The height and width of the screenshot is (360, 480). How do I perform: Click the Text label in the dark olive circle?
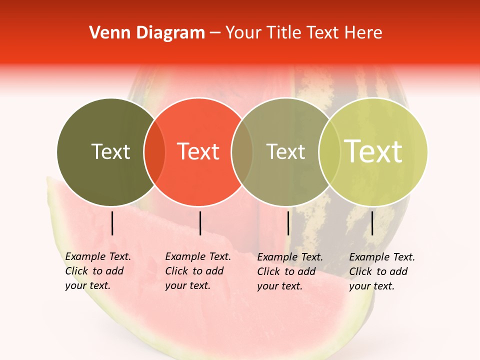tap(110, 151)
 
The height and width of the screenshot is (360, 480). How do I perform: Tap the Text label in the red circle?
tap(198, 151)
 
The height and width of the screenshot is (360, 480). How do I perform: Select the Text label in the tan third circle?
tap(286, 151)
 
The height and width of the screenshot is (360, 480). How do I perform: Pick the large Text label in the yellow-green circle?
tap(373, 151)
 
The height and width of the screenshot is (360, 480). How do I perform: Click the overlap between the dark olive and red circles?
tap(154, 151)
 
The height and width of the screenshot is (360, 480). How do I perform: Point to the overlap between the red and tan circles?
tap(242, 151)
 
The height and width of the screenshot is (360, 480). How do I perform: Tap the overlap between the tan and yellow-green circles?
tap(329, 151)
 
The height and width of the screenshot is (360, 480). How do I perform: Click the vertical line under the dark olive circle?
tap(112, 223)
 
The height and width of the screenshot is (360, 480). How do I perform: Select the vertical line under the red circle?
tap(200, 223)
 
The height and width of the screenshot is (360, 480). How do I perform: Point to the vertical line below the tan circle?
tap(288, 223)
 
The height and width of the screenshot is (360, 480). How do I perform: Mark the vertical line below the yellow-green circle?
tap(372, 223)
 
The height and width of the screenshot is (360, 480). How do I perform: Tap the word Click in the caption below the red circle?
tap(176, 271)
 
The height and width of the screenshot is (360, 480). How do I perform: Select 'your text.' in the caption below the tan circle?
tap(280, 286)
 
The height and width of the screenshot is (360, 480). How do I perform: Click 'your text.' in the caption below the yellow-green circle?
tap(372, 286)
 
